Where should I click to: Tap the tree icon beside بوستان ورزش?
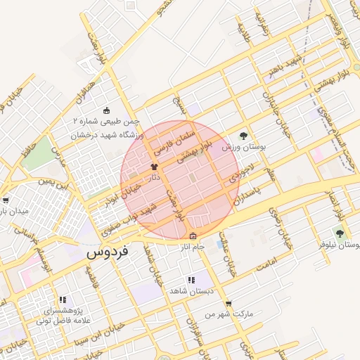pos(244,136)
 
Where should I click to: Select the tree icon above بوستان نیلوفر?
pos(340,233)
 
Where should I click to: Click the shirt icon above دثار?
pos(154,167)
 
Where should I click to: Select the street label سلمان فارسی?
pos(169,139)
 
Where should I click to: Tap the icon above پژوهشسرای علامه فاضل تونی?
pos(63,300)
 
